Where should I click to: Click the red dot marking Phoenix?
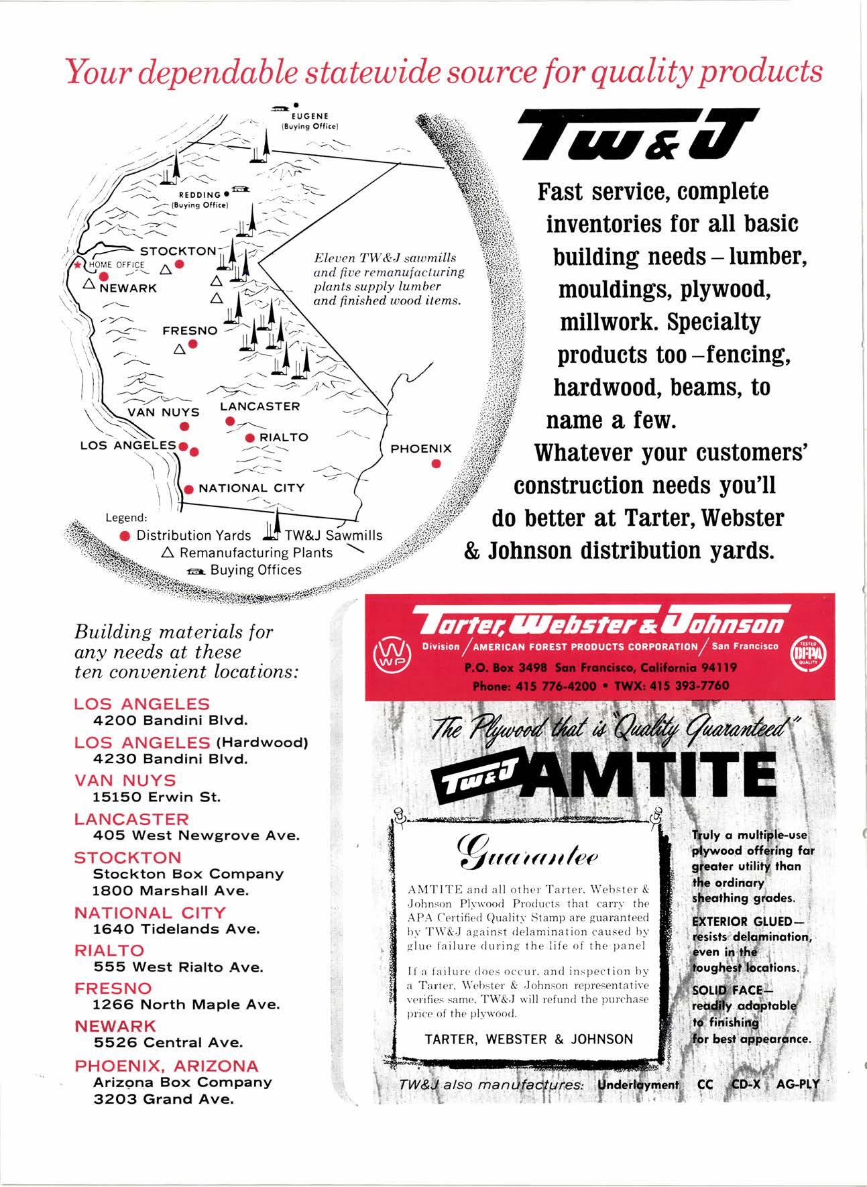pos(436,463)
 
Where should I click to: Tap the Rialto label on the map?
pos(284,437)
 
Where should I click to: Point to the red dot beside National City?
pos(189,489)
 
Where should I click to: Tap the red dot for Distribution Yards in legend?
pos(125,536)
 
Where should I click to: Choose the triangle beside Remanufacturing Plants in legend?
pos(168,553)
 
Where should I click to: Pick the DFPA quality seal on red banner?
pos(809,652)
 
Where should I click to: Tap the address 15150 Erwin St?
pos(156,797)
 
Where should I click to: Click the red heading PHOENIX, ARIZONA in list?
pos(166,1066)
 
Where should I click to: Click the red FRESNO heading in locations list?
pos(113,988)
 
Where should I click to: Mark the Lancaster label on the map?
pos(259,406)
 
